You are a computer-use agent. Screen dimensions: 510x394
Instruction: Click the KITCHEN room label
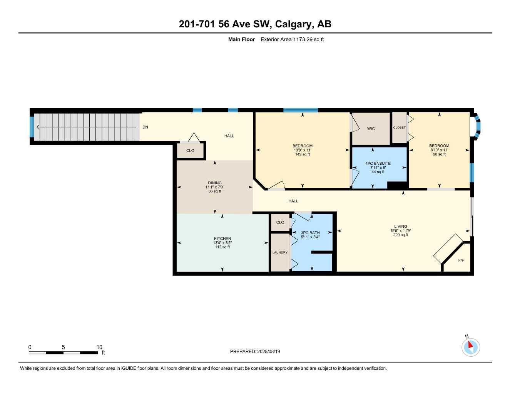(222, 239)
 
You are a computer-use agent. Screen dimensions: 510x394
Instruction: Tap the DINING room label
(214, 183)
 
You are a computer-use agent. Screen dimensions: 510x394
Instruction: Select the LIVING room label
(400, 226)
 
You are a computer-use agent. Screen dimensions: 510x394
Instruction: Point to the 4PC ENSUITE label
(378, 163)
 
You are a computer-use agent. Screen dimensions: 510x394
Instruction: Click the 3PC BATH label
(310, 233)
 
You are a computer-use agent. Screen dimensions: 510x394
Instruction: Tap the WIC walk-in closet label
(371, 129)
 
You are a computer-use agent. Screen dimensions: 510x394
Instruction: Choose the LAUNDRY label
(280, 252)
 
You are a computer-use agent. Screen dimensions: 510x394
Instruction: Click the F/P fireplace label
(461, 260)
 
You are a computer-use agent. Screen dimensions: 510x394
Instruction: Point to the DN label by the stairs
(145, 127)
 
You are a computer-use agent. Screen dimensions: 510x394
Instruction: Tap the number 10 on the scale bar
(99, 347)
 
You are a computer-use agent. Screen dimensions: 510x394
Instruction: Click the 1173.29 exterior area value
(303, 39)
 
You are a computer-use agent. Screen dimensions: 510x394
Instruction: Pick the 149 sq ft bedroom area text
(302, 154)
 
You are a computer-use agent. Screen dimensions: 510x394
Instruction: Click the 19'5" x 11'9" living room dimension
(400, 230)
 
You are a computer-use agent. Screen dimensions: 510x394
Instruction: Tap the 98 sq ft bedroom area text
(439, 154)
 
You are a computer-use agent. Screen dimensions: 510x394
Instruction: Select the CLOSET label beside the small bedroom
(399, 127)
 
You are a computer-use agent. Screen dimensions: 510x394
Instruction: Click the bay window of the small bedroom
(477, 127)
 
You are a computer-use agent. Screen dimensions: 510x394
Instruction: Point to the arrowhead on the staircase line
(38, 127)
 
